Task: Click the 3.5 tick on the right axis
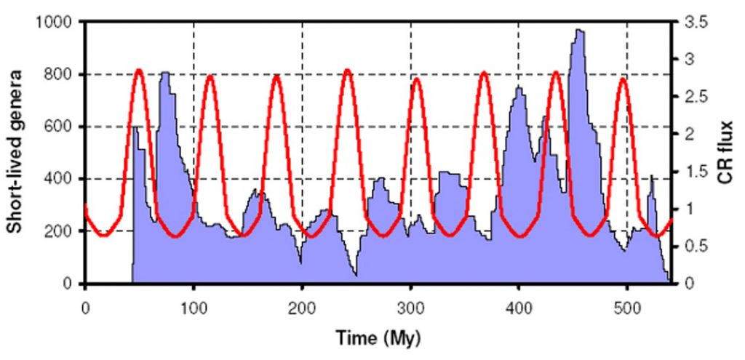[x=693, y=22]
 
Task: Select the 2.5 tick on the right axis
[x=693, y=97]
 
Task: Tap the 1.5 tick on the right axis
[x=693, y=172]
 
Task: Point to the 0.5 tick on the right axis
[x=693, y=247]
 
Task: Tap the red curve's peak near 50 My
[x=139, y=71]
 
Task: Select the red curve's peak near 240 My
[x=347, y=71]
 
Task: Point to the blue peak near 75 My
[x=165, y=73]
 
